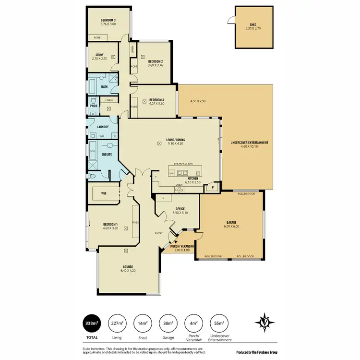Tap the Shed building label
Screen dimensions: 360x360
coord(253,25)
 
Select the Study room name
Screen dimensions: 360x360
coord(99,55)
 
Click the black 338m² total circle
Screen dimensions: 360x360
coord(92,323)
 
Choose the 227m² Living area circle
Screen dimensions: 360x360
coord(117,323)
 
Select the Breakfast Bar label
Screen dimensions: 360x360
coord(183,164)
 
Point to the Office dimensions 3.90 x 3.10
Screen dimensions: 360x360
coord(177,213)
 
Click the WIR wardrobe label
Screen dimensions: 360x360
coord(104,193)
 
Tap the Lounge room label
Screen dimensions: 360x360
coord(127,266)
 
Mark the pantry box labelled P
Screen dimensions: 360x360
coord(213,187)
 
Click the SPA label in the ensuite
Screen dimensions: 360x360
coord(93,150)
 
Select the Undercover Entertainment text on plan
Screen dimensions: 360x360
coord(249,143)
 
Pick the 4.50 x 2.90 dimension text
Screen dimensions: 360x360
coord(198,101)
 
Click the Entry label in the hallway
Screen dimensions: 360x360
coord(158,234)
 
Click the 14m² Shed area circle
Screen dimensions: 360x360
coord(142,323)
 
